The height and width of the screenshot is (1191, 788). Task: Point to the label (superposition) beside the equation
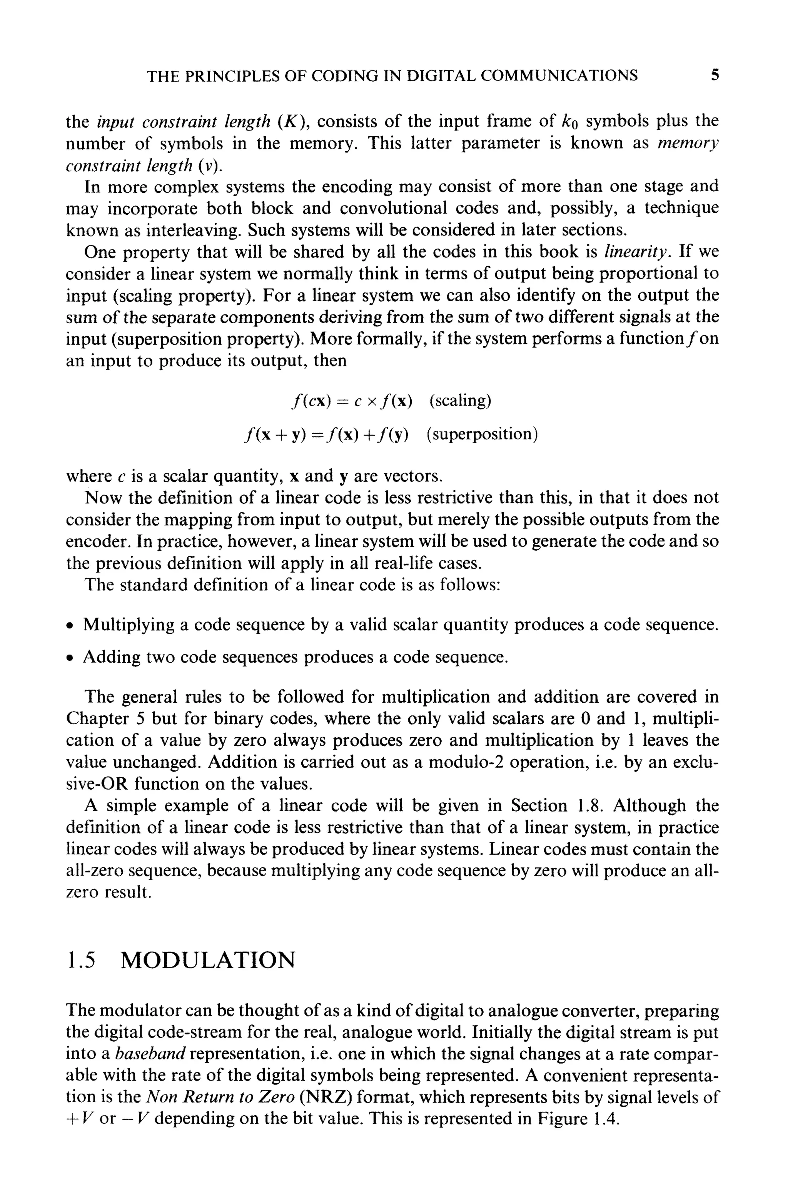click(481, 434)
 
